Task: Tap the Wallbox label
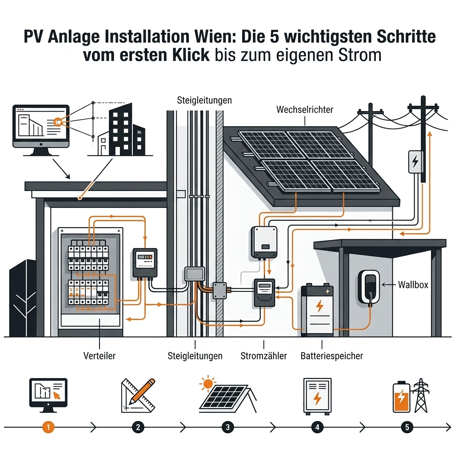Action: coord(413,284)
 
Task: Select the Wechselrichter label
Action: coord(304,109)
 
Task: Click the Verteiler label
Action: coord(100,356)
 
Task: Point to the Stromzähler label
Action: coord(263,356)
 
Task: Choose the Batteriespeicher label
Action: coord(331,356)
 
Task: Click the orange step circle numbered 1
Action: coord(48,427)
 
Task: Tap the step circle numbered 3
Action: coord(227,427)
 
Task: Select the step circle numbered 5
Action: coord(407,427)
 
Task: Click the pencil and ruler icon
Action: coord(138,395)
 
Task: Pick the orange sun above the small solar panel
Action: coord(207,383)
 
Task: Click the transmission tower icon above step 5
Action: coord(420,395)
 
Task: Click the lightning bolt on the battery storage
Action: coord(319,307)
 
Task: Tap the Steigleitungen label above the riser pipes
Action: coord(204,100)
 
